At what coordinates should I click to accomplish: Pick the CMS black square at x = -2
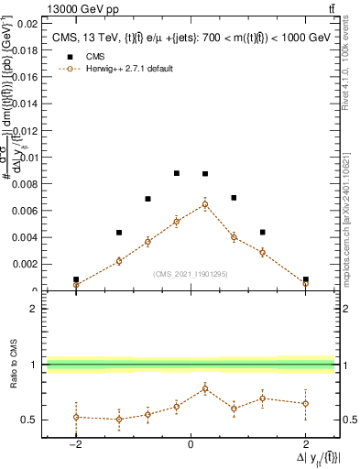coord(76,279)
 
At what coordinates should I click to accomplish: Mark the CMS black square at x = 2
coord(305,279)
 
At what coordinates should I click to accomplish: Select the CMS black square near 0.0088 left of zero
coord(177,173)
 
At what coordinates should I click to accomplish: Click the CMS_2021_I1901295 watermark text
coord(191,274)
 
